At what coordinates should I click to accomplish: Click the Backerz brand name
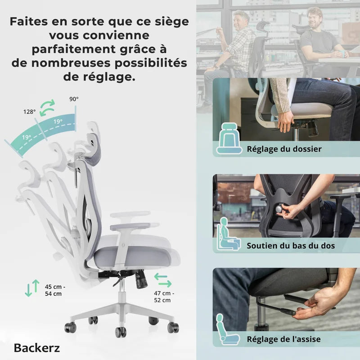(x=37, y=348)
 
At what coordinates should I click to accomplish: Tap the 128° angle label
(x=30, y=112)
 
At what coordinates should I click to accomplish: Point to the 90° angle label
(x=74, y=99)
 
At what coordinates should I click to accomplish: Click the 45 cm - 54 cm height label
(x=55, y=290)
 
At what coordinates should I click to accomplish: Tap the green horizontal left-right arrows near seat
(x=162, y=279)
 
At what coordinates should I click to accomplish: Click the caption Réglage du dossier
(x=284, y=149)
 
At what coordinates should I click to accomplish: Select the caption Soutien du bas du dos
(x=291, y=246)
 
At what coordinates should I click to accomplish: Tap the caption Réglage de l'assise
(x=284, y=339)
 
